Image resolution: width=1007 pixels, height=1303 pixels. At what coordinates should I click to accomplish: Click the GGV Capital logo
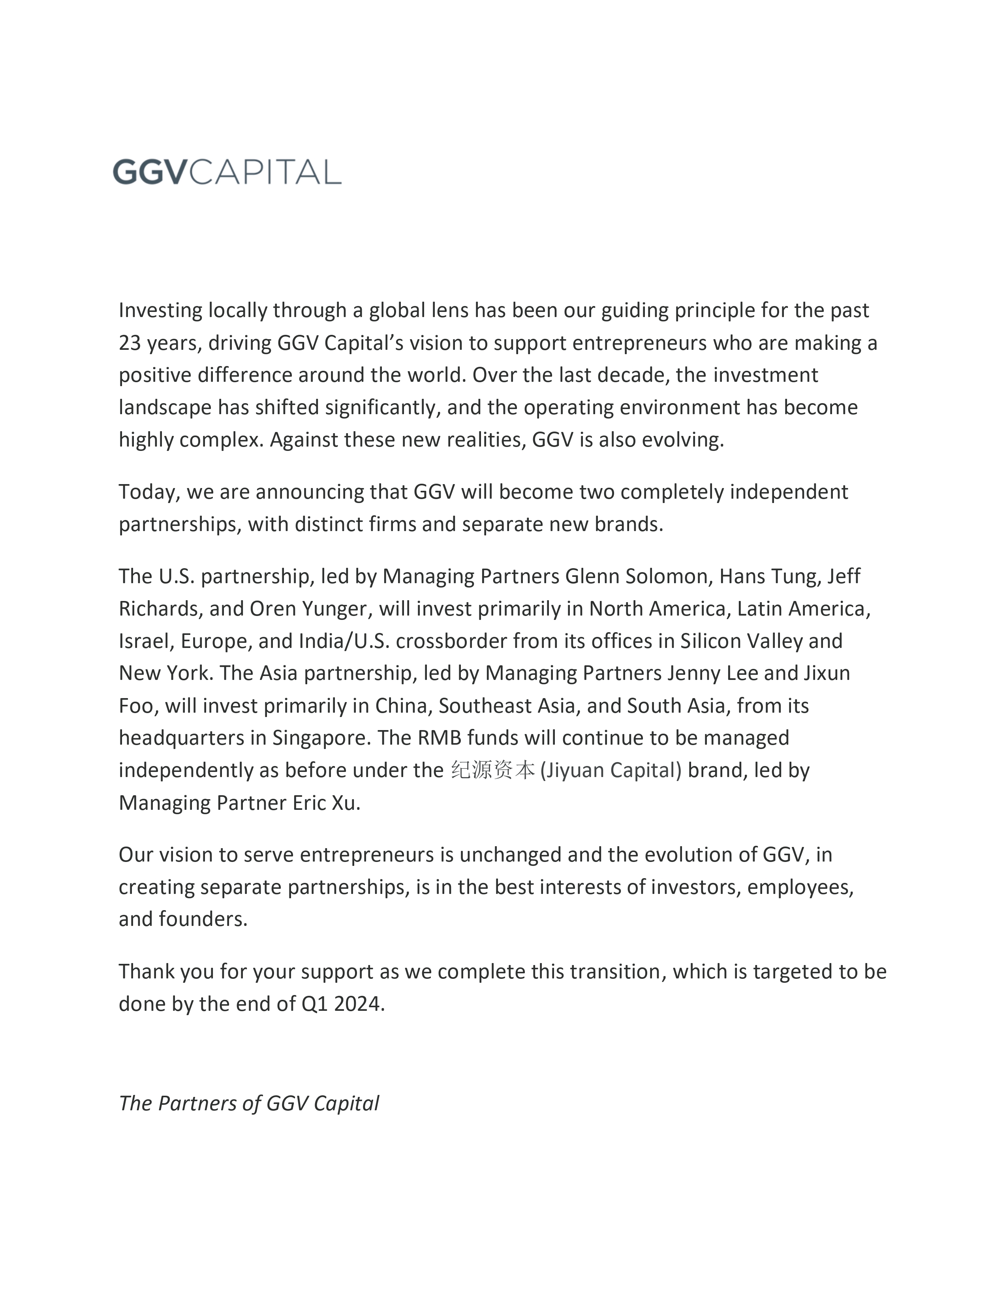(227, 172)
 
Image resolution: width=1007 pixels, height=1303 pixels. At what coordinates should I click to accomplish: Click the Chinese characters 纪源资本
(493, 770)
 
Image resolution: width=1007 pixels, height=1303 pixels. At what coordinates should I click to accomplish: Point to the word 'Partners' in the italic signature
(197, 1104)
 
